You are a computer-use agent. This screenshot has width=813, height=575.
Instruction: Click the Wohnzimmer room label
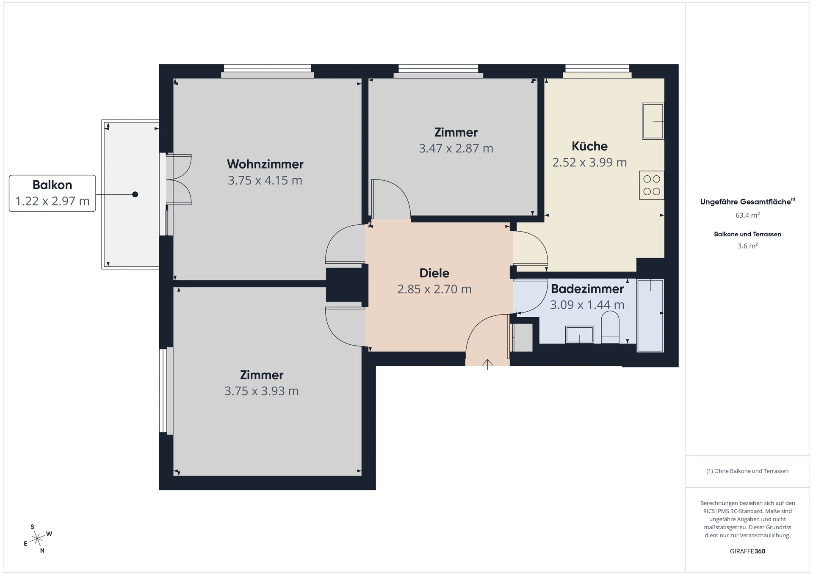[x=265, y=164]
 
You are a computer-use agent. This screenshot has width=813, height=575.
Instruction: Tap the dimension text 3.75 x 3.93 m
[x=262, y=391]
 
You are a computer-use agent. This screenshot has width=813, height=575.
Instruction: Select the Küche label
[x=589, y=146]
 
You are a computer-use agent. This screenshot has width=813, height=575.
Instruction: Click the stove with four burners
[x=652, y=185]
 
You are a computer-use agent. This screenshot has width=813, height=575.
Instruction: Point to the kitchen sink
[x=653, y=121]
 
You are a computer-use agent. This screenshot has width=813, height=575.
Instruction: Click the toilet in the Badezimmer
[x=610, y=327]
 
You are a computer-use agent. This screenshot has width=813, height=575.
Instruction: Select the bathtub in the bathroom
[x=650, y=315]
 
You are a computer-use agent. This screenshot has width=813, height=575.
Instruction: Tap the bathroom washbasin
[x=580, y=334]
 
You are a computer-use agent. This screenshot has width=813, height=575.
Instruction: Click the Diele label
[x=434, y=273]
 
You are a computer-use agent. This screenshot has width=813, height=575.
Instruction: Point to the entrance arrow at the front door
[x=487, y=364]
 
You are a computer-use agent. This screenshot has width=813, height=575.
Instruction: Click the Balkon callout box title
[x=53, y=185]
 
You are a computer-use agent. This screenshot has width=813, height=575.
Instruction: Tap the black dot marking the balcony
[x=135, y=194]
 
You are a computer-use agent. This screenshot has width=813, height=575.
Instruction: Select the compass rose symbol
[x=38, y=539]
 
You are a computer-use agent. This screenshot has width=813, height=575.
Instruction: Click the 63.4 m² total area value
[x=747, y=215]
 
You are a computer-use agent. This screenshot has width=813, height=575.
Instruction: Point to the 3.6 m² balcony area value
[x=747, y=246]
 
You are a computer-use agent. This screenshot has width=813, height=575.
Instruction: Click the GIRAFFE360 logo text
[x=747, y=551]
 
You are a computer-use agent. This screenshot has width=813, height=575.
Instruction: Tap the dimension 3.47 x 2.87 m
[x=456, y=149]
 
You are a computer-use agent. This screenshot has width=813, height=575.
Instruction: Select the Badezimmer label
[x=587, y=289]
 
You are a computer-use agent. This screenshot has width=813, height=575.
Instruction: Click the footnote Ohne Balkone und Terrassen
[x=747, y=471]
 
